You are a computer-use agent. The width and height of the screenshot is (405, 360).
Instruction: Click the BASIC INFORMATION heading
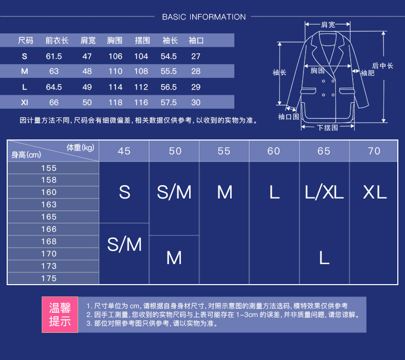click(x=204, y=17)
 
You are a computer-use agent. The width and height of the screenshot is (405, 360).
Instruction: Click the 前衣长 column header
click(x=57, y=40)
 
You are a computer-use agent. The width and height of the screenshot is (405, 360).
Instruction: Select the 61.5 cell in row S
click(x=54, y=56)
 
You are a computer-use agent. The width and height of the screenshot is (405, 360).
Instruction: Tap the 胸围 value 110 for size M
click(x=115, y=71)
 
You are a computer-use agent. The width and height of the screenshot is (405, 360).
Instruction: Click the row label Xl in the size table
click(x=25, y=103)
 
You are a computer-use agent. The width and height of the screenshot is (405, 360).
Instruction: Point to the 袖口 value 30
click(x=196, y=103)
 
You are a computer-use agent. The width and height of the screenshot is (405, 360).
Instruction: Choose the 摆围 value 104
click(x=141, y=56)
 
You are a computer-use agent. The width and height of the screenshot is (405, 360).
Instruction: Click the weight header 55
click(x=224, y=151)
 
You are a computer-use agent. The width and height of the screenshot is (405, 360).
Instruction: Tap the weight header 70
click(x=374, y=151)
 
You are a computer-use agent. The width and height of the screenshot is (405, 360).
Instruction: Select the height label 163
click(x=49, y=205)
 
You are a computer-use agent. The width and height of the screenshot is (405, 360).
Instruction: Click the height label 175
click(x=49, y=278)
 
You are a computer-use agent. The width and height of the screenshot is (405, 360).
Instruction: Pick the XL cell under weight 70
click(x=374, y=192)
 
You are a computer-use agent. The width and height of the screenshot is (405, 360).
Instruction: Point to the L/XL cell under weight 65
click(x=324, y=192)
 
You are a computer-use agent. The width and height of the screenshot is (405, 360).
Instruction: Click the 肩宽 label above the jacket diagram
click(x=328, y=24)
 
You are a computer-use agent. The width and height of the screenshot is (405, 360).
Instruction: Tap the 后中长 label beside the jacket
click(x=382, y=66)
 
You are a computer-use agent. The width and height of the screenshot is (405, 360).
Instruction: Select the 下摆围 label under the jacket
click(x=328, y=128)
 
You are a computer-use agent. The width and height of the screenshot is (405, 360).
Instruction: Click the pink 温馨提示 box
click(x=59, y=314)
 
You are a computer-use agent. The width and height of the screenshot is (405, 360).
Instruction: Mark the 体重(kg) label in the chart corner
click(x=80, y=148)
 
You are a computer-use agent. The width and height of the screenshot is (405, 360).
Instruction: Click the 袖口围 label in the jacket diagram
click(x=289, y=117)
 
